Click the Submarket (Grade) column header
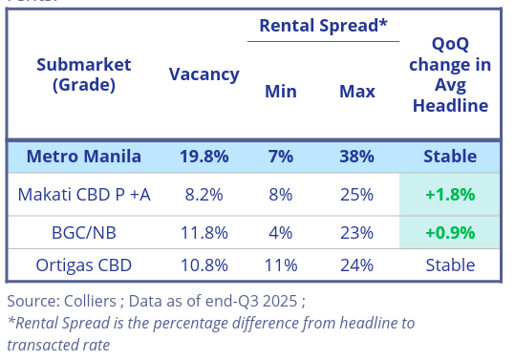(x=84, y=74)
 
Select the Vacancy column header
(x=204, y=74)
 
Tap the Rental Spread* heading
(x=323, y=26)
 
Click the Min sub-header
(x=280, y=92)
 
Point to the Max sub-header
(x=356, y=92)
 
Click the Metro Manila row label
(x=84, y=156)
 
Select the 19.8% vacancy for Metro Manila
(x=204, y=156)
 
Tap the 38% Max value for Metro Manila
(x=356, y=156)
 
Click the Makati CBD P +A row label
(x=84, y=195)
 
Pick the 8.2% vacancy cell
(x=204, y=195)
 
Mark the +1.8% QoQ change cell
(x=450, y=195)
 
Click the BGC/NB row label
(x=84, y=232)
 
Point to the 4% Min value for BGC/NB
(x=280, y=232)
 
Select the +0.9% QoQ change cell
(x=450, y=232)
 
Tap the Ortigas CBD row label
(x=84, y=265)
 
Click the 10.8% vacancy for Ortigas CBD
(x=204, y=265)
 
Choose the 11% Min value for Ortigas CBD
(x=280, y=265)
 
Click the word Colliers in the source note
(x=92, y=301)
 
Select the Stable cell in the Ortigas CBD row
(x=450, y=265)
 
